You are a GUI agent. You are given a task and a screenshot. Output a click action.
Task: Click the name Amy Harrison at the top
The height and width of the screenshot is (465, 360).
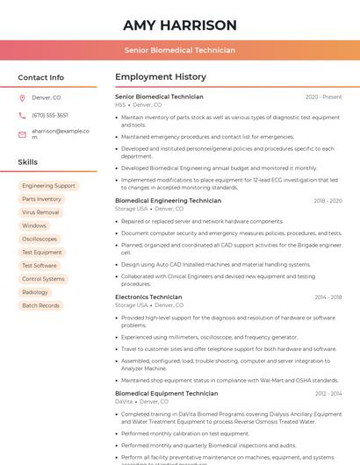coord(180,25)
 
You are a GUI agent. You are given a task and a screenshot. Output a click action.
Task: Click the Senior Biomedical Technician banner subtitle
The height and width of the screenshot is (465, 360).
coord(180,50)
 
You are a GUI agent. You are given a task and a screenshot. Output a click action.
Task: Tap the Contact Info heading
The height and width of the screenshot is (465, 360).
coord(41,77)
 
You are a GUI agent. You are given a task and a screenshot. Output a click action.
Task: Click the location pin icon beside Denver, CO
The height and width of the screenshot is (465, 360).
coord(22,97)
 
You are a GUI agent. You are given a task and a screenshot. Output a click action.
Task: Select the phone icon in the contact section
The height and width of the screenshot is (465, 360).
coord(22,115)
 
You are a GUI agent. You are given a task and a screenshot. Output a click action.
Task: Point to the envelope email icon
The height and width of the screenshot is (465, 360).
coord(22,133)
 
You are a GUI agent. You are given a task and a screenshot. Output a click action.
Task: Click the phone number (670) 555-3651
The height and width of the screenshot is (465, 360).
coord(50,115)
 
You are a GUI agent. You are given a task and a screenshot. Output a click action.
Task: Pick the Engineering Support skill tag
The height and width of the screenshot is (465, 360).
coord(48,186)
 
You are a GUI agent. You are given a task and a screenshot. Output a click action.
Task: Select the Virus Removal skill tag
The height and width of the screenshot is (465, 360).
coord(40,212)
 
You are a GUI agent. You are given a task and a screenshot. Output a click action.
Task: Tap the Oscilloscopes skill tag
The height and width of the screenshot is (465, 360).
coord(40,239)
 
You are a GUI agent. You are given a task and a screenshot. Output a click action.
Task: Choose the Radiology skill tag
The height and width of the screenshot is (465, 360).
coord(35,292)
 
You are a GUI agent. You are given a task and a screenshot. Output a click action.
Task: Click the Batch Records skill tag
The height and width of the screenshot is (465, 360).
coord(40,305)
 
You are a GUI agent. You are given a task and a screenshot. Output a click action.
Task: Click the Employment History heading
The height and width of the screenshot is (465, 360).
coord(161,77)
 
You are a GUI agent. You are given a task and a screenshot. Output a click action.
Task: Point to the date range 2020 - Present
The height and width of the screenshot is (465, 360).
coord(323,97)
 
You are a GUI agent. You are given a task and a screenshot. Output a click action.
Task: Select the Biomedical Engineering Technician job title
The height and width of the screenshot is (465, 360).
coord(168,201)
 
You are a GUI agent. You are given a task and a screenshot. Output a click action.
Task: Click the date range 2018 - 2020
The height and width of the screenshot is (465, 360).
coord(328,201)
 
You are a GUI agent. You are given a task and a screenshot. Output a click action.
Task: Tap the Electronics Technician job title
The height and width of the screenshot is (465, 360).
coord(148,297)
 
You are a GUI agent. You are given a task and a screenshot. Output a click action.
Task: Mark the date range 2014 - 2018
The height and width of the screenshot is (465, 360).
coord(328,297)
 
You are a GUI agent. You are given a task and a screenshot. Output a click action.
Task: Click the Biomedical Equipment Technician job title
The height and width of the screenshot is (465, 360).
coord(167,394)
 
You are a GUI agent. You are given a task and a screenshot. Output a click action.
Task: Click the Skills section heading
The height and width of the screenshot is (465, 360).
coord(28,162)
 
